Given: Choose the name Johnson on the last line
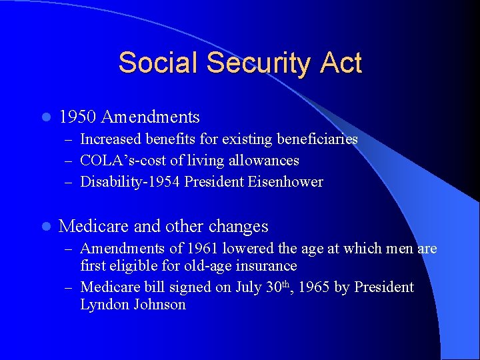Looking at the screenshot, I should click(161, 305).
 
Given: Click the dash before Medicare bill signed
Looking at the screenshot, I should click(69, 288).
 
